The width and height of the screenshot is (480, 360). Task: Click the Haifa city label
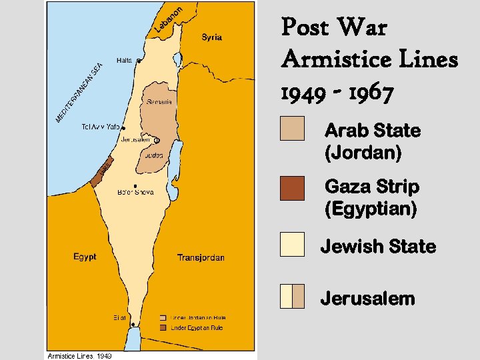point(124,60)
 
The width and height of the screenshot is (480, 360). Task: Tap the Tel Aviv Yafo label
point(100,126)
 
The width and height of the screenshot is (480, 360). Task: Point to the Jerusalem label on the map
point(136,140)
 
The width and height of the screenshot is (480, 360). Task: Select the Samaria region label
point(159,102)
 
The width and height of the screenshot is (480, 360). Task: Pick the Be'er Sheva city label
point(135,192)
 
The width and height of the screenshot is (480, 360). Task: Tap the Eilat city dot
point(133,324)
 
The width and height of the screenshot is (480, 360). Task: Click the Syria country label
point(212,37)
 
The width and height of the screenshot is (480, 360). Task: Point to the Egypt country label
point(85,257)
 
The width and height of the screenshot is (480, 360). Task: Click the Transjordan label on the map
point(201,257)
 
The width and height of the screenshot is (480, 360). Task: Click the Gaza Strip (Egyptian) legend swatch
point(292,188)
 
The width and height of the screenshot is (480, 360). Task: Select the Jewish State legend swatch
point(292,244)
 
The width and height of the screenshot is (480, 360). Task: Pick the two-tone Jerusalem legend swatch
point(292,296)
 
